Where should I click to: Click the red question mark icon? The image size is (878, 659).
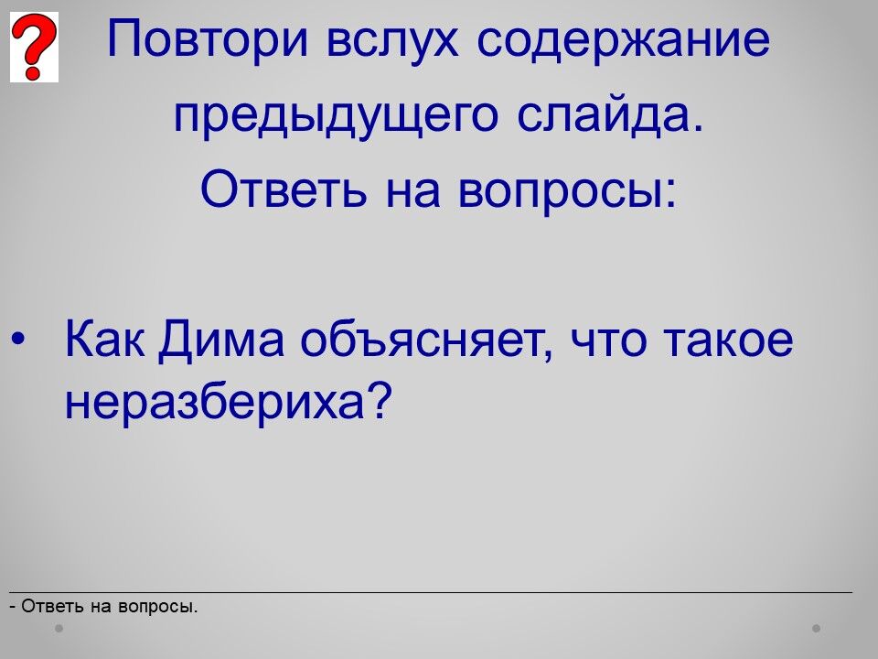[34, 47]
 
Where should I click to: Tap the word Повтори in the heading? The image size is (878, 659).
[208, 39]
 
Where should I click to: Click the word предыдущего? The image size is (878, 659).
[336, 116]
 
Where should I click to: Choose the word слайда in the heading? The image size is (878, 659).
[609, 115]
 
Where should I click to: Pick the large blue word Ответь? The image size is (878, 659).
[284, 188]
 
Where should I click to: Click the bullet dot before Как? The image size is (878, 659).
[18, 339]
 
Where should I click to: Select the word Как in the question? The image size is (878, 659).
[104, 339]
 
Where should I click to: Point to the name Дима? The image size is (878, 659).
[221, 340]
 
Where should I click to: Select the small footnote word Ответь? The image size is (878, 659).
[52, 606]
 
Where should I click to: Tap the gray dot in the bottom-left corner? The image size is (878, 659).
[59, 628]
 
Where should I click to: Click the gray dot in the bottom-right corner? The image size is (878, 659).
[817, 628]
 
